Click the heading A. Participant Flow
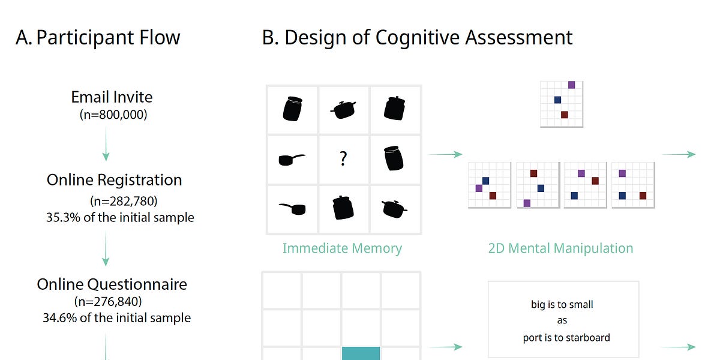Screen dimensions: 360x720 98,37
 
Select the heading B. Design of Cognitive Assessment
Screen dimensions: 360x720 418,37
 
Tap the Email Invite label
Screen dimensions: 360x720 112,97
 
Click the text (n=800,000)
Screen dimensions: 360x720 113,114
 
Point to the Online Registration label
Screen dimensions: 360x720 114,180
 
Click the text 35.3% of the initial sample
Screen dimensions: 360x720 120,217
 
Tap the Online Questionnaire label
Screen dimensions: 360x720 112,284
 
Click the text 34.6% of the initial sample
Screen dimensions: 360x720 117,317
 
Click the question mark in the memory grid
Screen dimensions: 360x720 343,159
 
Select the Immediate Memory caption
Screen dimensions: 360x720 342,248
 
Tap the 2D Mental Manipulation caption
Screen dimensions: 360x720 560,248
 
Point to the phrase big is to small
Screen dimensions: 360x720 562,305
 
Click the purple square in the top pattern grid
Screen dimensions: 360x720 571,85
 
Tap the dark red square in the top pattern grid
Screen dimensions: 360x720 564,115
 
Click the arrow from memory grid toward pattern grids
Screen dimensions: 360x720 445,154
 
